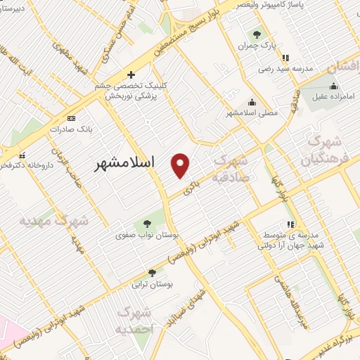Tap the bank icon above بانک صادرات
[71, 118]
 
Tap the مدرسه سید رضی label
[284, 69]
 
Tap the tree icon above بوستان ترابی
[153, 273]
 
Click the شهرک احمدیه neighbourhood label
[134, 319]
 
